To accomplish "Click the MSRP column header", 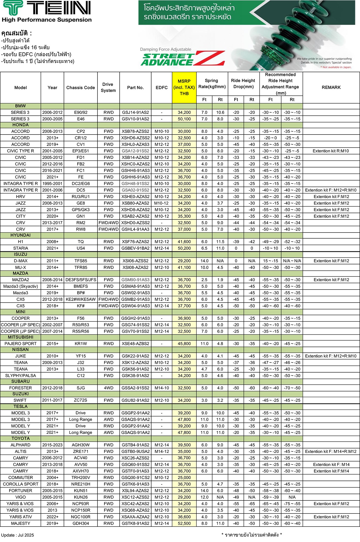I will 184,87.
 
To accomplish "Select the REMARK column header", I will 331,87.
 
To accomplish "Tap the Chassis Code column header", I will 81,87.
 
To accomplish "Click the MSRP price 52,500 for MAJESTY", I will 184,523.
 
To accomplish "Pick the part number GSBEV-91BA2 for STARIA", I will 135,248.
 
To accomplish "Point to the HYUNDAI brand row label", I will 20,235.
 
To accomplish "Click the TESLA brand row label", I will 20,406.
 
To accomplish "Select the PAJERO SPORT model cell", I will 20,344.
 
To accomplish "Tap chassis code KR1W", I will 81,344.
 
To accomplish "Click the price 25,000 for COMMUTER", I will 184,478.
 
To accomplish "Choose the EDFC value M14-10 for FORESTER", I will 162,388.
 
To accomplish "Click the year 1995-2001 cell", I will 52,184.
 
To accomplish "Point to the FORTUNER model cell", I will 20,491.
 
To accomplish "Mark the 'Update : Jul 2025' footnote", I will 17,535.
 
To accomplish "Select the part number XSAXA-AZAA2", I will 135,517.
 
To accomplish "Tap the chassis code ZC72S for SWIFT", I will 81,400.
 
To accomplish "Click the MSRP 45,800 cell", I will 184,344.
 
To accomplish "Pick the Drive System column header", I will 108,87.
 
